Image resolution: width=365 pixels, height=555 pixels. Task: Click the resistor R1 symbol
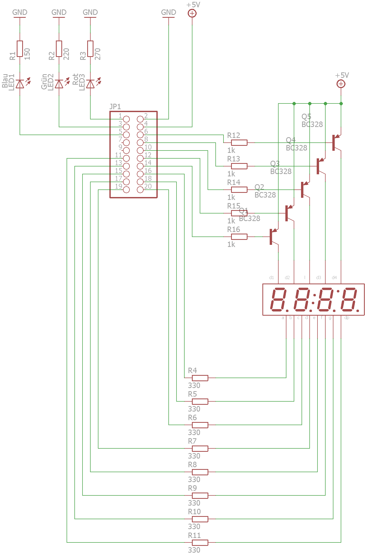pos(20,49)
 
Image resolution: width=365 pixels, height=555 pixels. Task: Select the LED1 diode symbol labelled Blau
pos(20,84)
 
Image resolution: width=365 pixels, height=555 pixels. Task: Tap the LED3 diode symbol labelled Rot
pos(90,84)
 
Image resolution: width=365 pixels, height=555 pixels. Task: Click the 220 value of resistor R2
pos(66,54)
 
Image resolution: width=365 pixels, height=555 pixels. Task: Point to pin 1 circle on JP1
pos(126,119)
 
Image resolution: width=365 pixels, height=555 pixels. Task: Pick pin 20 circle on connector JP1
pos(140,190)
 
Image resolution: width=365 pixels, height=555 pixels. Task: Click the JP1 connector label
pos(115,107)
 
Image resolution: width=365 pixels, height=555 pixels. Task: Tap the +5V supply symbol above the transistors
pos(341,84)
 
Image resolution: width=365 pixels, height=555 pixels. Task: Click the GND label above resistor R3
pos(90,12)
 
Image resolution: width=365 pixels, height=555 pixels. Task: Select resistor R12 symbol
pos(239,143)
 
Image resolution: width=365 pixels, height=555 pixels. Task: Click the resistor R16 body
pos(239,237)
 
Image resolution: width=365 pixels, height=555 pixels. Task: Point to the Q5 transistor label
pos(306,117)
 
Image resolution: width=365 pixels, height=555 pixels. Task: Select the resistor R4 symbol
pos(200,378)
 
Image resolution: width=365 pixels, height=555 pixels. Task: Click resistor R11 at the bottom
pos(200,542)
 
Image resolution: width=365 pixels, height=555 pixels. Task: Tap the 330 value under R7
pos(194,456)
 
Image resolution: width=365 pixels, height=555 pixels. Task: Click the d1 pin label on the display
pos(272,277)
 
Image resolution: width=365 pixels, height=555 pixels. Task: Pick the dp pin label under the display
pos(347,318)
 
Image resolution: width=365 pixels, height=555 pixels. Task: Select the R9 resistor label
pos(192,488)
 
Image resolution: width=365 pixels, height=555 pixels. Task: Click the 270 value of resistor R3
pos(98,54)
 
